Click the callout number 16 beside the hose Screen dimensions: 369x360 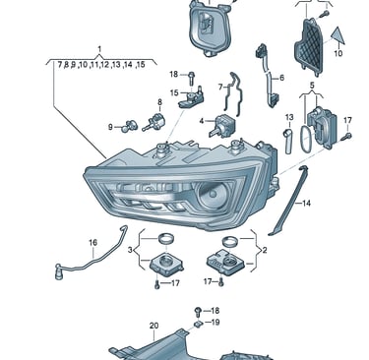click(x=92, y=243)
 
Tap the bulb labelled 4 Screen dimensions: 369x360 click(x=222, y=126)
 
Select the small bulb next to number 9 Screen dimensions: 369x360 click(x=127, y=127)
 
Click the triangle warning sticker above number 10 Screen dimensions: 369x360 click(x=338, y=36)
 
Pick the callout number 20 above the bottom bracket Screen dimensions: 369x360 click(x=154, y=326)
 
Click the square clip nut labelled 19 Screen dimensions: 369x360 click(x=198, y=324)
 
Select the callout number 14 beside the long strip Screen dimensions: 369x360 click(x=306, y=204)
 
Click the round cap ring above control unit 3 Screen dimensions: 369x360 click(x=165, y=238)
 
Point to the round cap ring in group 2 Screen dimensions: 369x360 click(x=229, y=242)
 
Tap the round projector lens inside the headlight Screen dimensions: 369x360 click(x=214, y=196)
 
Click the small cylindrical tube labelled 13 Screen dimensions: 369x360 click(x=288, y=141)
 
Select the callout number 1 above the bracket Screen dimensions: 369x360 click(x=99, y=49)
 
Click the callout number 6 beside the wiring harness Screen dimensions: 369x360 click(x=281, y=78)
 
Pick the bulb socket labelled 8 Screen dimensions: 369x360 click(x=154, y=122)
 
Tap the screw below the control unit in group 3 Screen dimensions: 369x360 click(x=157, y=285)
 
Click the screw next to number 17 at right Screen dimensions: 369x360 click(x=346, y=137)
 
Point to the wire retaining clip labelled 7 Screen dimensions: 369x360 click(x=233, y=93)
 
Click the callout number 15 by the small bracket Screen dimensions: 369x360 click(x=174, y=93)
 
